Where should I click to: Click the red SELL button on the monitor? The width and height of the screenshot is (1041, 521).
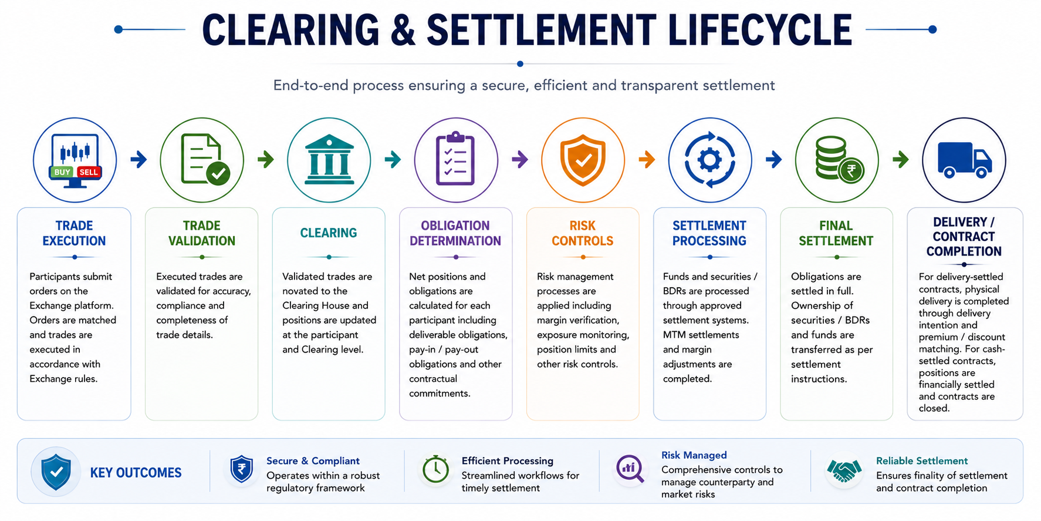pos(89,172)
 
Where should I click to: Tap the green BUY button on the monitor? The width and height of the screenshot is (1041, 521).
pos(62,172)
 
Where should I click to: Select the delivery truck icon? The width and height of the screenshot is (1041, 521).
pos(964,160)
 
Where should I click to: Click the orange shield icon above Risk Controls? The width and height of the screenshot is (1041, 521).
pos(583,160)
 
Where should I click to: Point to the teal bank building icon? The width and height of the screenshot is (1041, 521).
pos(329,160)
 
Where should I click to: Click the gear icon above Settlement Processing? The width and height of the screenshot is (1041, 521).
pos(710,160)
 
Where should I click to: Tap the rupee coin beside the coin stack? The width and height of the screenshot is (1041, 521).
pos(851,171)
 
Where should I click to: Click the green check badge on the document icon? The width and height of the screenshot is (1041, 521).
pos(218,173)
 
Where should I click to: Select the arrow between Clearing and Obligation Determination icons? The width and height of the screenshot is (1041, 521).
pos(393,159)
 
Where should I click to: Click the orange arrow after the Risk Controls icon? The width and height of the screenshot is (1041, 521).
pos(647,159)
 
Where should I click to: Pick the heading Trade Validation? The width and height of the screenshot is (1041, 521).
pos(201,233)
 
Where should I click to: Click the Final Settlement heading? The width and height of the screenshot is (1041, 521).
pos(836,233)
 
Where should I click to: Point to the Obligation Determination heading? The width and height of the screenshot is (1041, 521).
pos(455,233)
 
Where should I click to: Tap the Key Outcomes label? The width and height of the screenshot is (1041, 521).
pos(136,473)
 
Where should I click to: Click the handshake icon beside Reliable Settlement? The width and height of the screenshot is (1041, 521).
pos(844,470)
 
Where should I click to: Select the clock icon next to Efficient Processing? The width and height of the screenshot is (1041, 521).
pos(435,469)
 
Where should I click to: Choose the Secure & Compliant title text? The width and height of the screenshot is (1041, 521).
pos(313,461)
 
